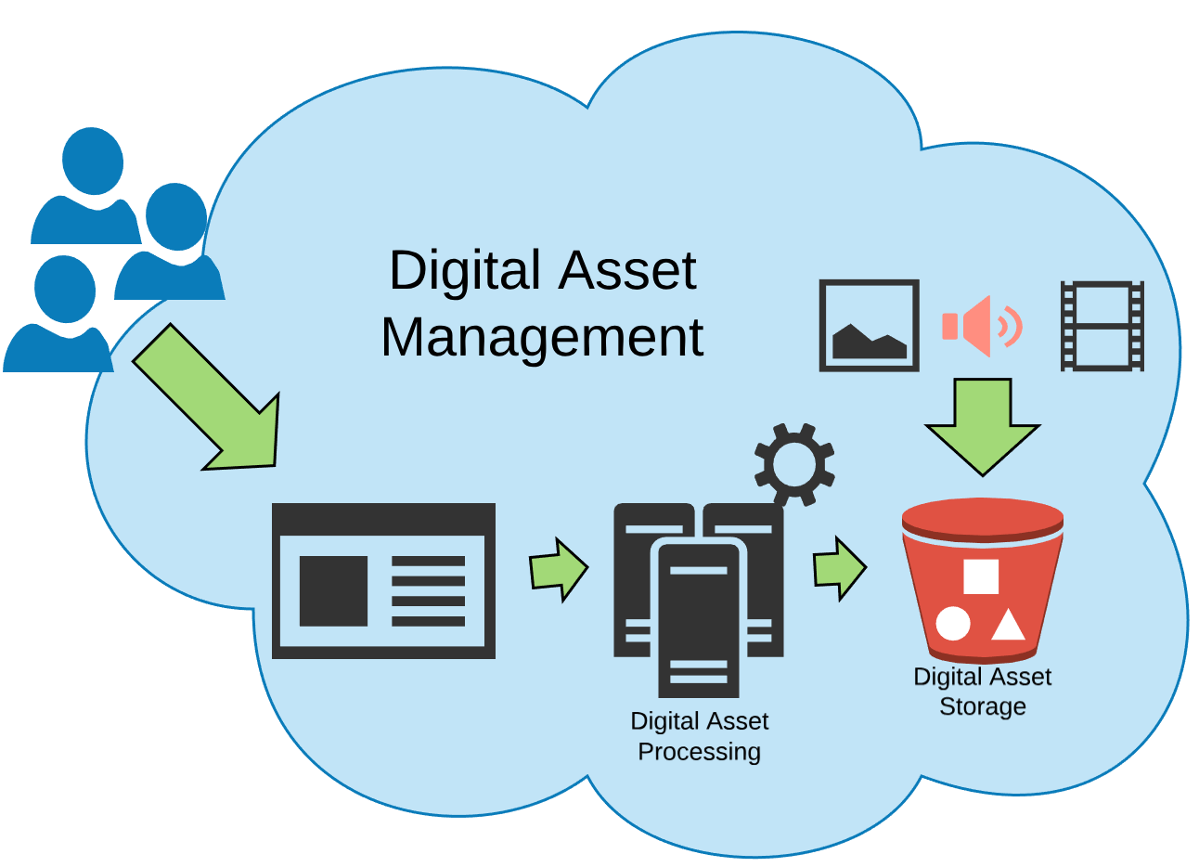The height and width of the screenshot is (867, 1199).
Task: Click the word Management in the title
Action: [542, 337]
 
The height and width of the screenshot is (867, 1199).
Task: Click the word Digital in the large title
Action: [464, 270]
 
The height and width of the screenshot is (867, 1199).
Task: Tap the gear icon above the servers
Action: [793, 464]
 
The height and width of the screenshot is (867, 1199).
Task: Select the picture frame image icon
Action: [869, 326]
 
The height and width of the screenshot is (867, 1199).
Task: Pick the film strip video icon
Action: [1102, 326]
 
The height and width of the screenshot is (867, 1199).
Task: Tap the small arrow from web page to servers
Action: [558, 569]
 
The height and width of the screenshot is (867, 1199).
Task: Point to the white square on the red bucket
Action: [980, 576]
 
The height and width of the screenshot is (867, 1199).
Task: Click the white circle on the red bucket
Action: [952, 624]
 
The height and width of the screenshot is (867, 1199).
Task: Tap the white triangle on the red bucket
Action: [1008, 626]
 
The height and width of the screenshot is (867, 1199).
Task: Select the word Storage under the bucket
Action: [982, 706]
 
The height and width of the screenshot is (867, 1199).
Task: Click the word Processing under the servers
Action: [699, 751]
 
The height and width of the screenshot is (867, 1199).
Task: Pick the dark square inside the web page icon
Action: [333, 590]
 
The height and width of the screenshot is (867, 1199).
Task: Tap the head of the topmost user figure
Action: [93, 161]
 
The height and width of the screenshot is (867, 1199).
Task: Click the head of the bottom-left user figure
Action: [65, 289]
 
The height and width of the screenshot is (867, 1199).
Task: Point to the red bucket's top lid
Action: [982, 516]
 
